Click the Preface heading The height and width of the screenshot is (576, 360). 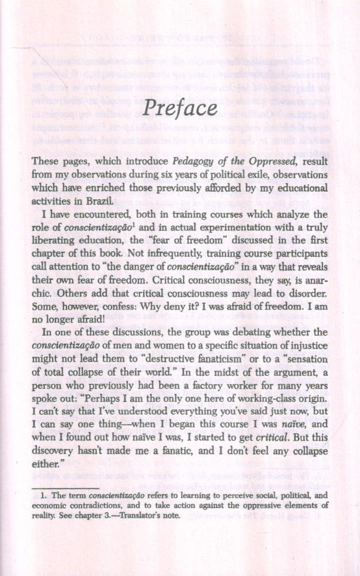tap(180, 109)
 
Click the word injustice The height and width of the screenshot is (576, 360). tap(309, 345)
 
